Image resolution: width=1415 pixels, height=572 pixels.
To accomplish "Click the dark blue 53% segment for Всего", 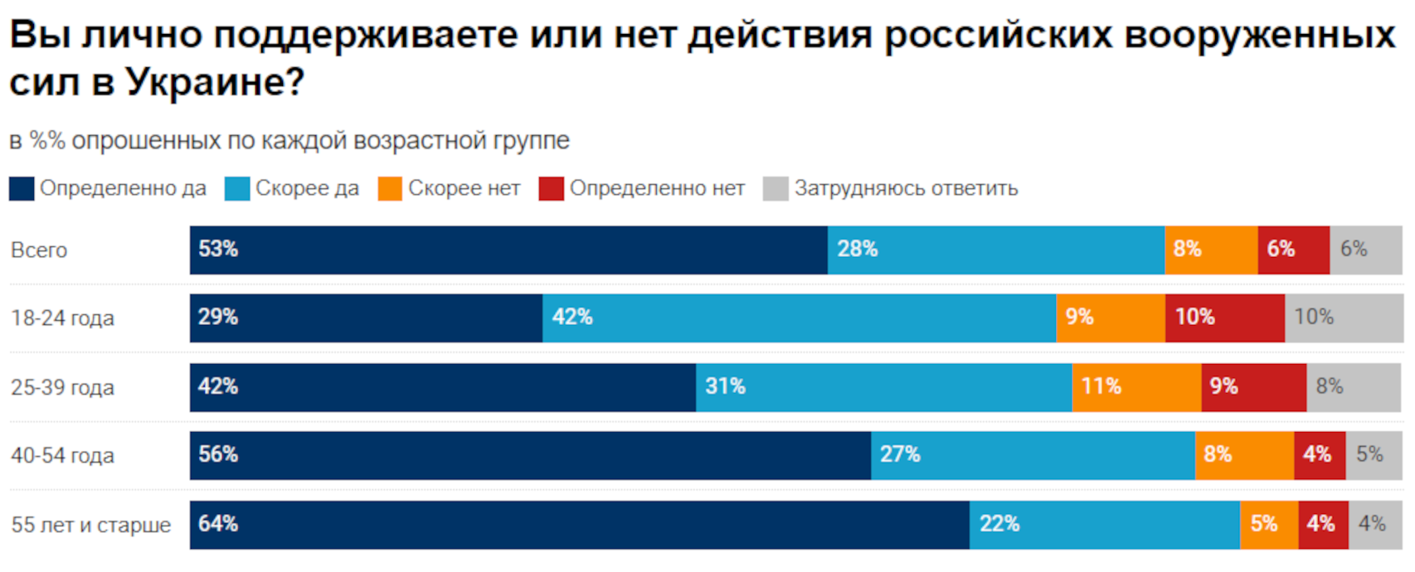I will point(508,250).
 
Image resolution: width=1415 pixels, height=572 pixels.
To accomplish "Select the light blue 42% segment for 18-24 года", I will point(799,318).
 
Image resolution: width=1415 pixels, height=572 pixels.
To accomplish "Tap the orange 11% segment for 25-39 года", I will point(1136,387).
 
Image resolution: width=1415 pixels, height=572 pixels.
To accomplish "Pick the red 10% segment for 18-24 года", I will point(1224,318).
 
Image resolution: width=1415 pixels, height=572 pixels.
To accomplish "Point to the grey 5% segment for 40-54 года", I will point(1374,455).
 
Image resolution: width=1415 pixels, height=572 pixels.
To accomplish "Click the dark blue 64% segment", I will point(579,525).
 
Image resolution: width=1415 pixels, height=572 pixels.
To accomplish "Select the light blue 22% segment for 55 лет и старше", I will point(1104,525).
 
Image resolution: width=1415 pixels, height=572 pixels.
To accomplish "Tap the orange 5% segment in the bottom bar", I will point(1269,525).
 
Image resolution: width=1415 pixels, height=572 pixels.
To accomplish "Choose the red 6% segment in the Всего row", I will point(1293,250).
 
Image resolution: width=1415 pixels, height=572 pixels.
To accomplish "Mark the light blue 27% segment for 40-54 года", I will point(1033,455).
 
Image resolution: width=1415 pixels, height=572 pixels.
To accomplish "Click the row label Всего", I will point(39,250).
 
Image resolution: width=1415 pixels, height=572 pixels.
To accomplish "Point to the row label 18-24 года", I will point(62,318).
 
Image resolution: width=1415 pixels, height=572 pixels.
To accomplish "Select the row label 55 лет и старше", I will point(90,526).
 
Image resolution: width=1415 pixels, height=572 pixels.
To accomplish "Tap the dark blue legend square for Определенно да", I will point(22,189).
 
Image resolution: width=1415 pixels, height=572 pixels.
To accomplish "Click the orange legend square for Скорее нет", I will point(390,189).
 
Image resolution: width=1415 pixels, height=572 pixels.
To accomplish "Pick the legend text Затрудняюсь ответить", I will point(906,189).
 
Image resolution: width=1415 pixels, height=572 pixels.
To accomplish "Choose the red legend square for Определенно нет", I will point(551,189).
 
